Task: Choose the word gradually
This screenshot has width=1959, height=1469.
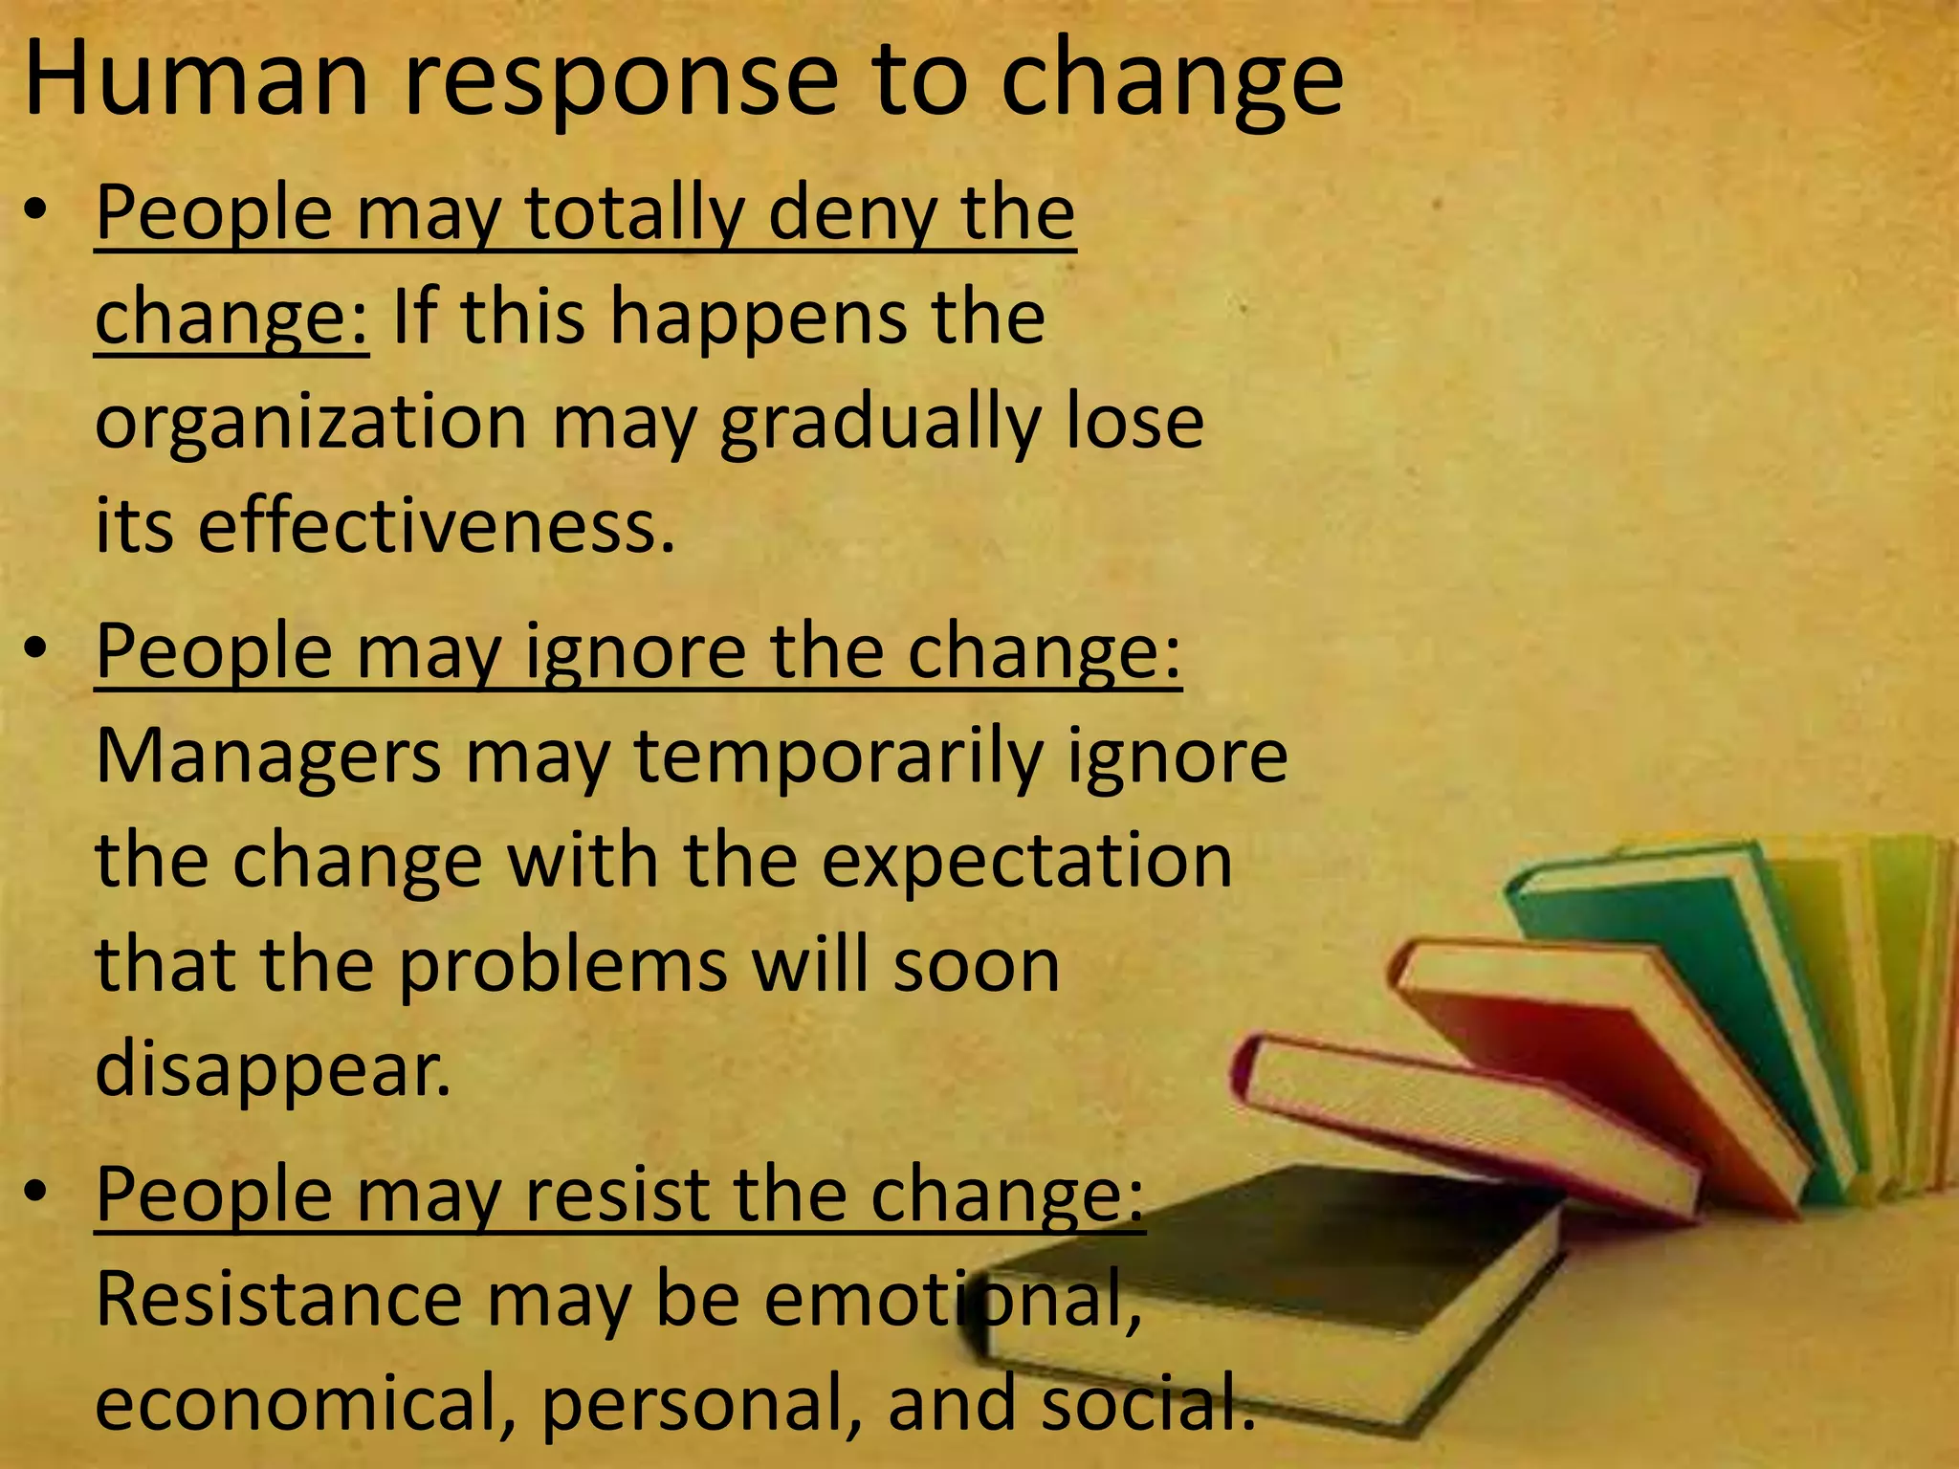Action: click(880, 423)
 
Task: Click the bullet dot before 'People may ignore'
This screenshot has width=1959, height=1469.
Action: click(36, 651)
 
